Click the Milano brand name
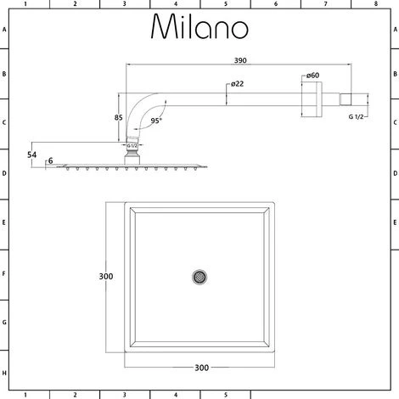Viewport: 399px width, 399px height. click(x=199, y=28)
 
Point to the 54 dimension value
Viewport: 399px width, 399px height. click(x=31, y=154)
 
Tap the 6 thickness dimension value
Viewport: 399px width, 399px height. click(x=50, y=161)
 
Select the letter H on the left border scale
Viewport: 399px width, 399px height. click(x=4, y=374)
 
